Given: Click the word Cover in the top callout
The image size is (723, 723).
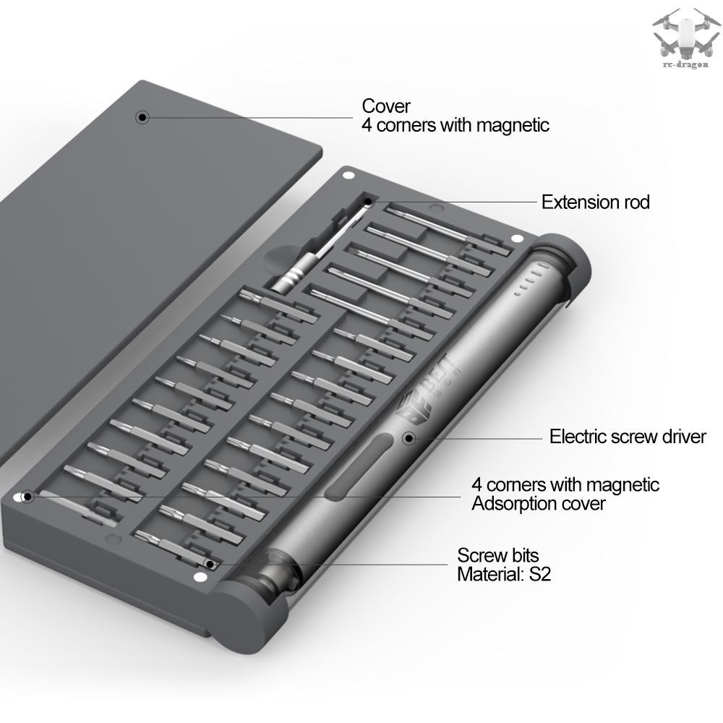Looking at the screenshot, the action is point(386,106).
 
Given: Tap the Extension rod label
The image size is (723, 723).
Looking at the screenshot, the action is point(595,202).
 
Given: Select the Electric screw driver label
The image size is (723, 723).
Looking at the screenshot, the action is point(627,436).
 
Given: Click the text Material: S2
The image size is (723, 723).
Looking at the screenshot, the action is point(504,574).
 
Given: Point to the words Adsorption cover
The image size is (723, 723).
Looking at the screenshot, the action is point(538,503).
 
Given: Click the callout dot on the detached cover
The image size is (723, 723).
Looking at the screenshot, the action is point(143,117).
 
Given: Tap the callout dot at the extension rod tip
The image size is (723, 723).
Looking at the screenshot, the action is point(368,202).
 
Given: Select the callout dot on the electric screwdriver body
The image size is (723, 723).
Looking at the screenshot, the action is point(408,438).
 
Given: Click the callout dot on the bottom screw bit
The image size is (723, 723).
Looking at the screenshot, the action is point(210,565).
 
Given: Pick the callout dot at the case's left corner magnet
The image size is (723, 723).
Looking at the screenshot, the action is point(27,497).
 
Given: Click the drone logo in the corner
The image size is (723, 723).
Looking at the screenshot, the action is point(686,37).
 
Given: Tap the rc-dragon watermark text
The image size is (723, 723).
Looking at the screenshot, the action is point(685,65).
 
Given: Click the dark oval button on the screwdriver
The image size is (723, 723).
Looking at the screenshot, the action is point(359,466).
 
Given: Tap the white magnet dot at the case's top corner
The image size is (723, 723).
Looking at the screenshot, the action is point(349,175).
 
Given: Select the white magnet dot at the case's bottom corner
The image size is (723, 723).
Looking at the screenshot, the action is point(200,577).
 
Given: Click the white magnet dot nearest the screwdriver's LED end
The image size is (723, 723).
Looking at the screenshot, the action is point(518,239).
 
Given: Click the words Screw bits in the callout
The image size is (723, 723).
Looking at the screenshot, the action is point(498,555).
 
